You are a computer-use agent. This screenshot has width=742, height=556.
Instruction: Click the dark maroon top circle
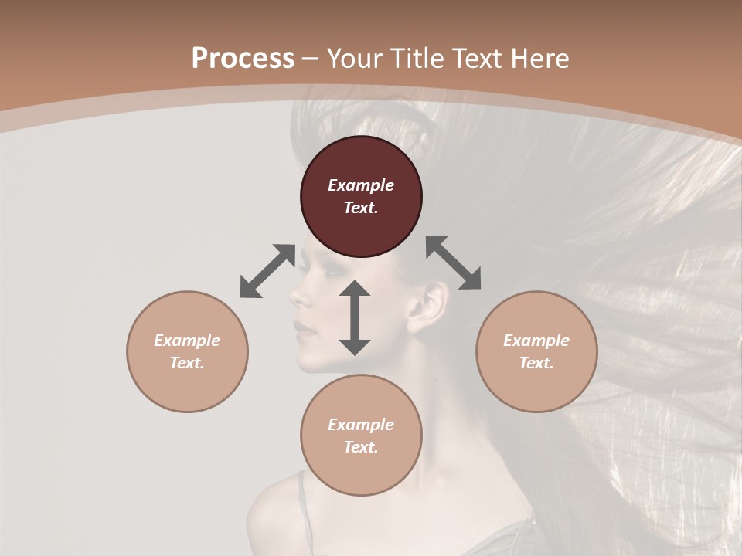(361, 197)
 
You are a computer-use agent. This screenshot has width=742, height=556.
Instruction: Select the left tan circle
(187, 351)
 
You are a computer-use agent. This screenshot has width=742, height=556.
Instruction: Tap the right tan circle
(536, 351)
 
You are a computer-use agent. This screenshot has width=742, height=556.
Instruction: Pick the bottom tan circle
(361, 436)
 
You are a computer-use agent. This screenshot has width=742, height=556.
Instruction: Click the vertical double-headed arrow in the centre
(355, 317)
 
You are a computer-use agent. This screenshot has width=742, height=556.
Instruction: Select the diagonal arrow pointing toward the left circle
(267, 271)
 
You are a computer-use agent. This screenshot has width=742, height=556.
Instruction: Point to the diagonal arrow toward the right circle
(454, 263)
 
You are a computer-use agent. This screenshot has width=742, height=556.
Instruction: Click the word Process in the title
(243, 58)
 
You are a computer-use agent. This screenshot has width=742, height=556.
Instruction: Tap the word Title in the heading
(415, 58)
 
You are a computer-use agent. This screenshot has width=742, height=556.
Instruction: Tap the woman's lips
(304, 328)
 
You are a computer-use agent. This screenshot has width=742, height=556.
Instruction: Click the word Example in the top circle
(361, 185)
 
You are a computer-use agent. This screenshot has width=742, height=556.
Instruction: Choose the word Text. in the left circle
(187, 363)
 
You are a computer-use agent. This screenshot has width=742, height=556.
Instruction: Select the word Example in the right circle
(536, 341)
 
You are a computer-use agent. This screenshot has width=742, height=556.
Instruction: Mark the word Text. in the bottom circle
(361, 447)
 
